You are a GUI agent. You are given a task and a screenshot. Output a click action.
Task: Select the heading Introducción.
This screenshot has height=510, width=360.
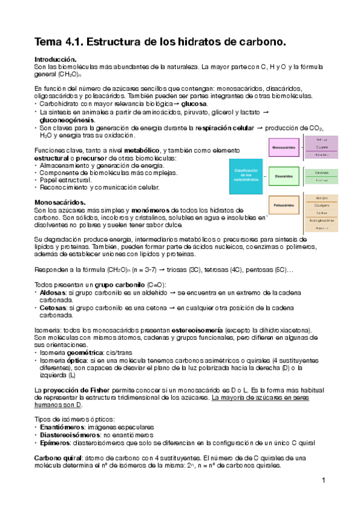click(55, 60)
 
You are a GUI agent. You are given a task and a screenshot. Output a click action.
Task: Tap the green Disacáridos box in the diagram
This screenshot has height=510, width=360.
click(284, 176)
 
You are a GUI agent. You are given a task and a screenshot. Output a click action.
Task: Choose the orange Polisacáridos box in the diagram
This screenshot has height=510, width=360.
click(284, 204)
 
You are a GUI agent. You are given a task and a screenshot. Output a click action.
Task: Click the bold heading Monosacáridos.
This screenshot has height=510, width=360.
click(59, 202)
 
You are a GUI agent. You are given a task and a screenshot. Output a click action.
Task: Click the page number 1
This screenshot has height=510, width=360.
click(323, 480)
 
